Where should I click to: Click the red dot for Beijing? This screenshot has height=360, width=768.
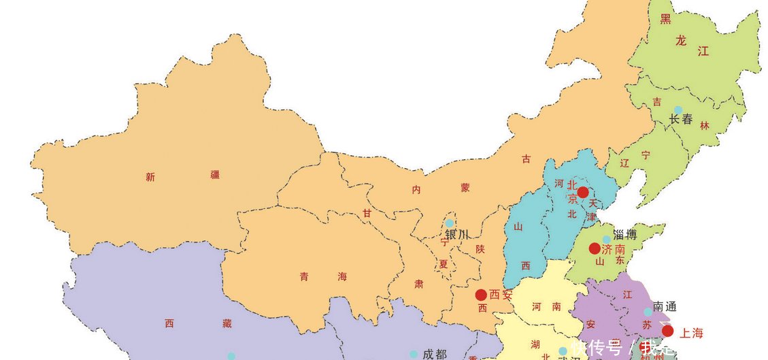tap(583, 193)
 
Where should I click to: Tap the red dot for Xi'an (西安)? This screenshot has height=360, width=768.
tap(481, 295)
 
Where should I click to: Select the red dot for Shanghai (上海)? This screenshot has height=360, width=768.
tap(667, 331)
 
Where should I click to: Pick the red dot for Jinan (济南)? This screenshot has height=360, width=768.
tap(595, 248)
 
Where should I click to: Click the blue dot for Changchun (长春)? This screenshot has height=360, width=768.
tap(678, 110)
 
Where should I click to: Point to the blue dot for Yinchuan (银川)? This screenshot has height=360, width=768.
tap(449, 223)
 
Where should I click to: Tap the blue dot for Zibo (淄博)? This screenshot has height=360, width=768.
tap(606, 239)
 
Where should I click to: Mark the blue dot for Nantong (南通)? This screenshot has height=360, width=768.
tap(648, 312)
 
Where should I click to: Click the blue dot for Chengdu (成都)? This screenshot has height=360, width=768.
tap(413, 354)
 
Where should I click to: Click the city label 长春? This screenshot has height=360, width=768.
tap(681, 120)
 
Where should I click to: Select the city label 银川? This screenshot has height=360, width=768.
tap(457, 235)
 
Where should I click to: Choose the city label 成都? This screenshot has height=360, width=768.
tap(435, 354)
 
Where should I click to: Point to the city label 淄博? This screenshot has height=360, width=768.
tap(625, 235)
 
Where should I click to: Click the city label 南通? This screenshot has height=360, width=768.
tap(665, 307)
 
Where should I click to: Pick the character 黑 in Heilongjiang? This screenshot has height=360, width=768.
tap(665, 19)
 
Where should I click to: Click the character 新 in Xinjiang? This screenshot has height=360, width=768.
tap(150, 178)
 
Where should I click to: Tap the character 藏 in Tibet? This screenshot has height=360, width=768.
tap(227, 324)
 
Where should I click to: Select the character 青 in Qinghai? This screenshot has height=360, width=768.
tap(303, 276)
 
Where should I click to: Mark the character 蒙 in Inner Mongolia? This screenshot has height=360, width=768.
tap(465, 189)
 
